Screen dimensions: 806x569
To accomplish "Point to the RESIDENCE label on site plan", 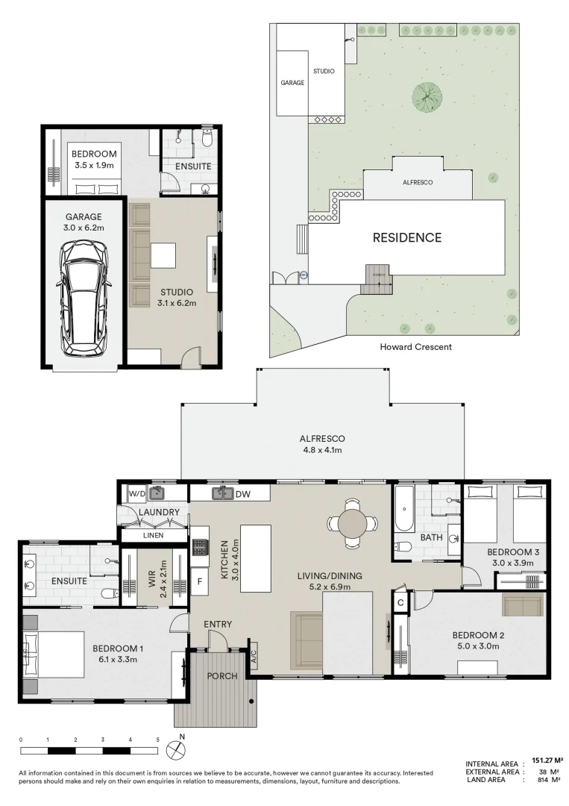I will click(407, 238).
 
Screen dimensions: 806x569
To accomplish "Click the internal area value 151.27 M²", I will click(547, 761).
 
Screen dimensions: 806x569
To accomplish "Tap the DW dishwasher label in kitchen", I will click(242, 493).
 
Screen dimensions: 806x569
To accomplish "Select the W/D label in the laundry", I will click(136, 493).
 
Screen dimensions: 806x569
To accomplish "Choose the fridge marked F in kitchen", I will click(200, 581).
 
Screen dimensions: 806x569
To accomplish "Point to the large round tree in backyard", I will click(427, 97).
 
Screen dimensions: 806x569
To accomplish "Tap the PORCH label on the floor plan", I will click(222, 676).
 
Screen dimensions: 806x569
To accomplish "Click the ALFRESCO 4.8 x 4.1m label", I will click(321, 444).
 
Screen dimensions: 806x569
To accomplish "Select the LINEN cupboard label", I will click(153, 535).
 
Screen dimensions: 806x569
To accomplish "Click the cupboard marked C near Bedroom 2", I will click(400, 602).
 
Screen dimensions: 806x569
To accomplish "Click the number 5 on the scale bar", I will click(157, 740).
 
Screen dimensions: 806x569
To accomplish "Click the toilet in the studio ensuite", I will click(207, 140).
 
